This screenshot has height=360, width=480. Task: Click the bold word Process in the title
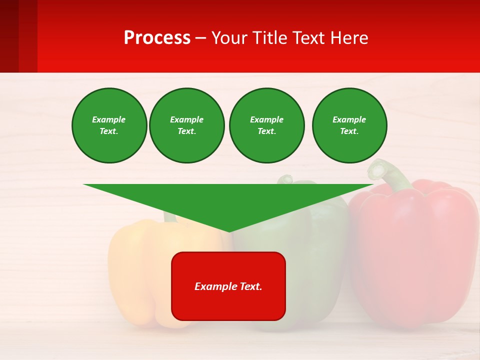pos(157,38)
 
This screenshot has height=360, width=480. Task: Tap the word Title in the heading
pos(270,38)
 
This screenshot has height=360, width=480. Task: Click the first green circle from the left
pos(109,125)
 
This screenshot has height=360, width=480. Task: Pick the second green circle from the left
pos(186,125)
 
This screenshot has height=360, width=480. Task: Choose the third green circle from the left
pos(266,125)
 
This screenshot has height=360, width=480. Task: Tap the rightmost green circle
pos(349,125)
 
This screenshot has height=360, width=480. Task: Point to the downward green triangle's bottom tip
pos(228,230)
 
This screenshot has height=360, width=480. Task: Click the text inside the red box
pos(228,286)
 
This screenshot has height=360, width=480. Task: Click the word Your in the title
pos(230,38)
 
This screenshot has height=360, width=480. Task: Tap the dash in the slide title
pos(200,38)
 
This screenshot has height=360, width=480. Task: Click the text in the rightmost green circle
pos(349,125)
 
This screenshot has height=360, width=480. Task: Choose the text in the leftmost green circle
pos(109,125)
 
